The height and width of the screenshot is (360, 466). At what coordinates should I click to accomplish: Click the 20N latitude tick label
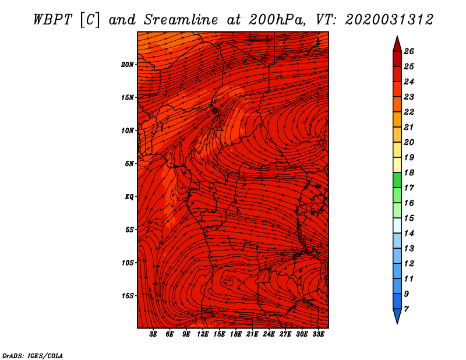pyautogui.click(x=128, y=65)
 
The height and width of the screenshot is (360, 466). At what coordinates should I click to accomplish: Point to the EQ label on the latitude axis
pyautogui.click(x=129, y=197)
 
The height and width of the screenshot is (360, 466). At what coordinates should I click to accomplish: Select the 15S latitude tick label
pyautogui.click(x=128, y=296)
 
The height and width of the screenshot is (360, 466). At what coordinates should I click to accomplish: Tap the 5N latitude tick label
pyautogui.click(x=129, y=164)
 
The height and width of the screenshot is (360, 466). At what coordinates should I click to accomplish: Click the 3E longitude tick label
pyautogui.click(x=153, y=334)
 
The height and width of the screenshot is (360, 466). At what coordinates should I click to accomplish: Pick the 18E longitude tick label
pyautogui.click(x=236, y=334)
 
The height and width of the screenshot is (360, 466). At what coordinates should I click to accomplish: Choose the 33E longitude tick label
pyautogui.click(x=318, y=334)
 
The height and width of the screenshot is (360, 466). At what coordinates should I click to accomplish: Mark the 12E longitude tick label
pyautogui.click(x=203, y=334)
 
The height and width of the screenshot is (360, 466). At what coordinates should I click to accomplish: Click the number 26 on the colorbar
pyautogui.click(x=409, y=51)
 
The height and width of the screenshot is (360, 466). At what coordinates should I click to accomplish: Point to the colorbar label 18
pyautogui.click(x=409, y=172)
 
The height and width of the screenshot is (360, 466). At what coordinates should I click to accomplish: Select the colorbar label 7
pyautogui.click(x=406, y=309)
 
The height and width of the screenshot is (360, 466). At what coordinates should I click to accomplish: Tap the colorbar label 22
pyautogui.click(x=409, y=112)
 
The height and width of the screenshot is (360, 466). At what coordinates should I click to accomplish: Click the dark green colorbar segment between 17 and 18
pyautogui.click(x=397, y=180)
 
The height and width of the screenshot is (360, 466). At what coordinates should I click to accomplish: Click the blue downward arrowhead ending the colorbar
pyautogui.click(x=397, y=315)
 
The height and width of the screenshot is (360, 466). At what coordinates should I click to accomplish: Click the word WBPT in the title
pyautogui.click(x=52, y=20)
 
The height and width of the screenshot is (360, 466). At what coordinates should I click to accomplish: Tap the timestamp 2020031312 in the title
pyautogui.click(x=389, y=20)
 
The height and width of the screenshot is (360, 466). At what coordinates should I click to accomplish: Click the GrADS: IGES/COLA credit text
pyautogui.click(x=33, y=356)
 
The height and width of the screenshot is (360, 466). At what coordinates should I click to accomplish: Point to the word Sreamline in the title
pyautogui.click(x=181, y=20)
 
